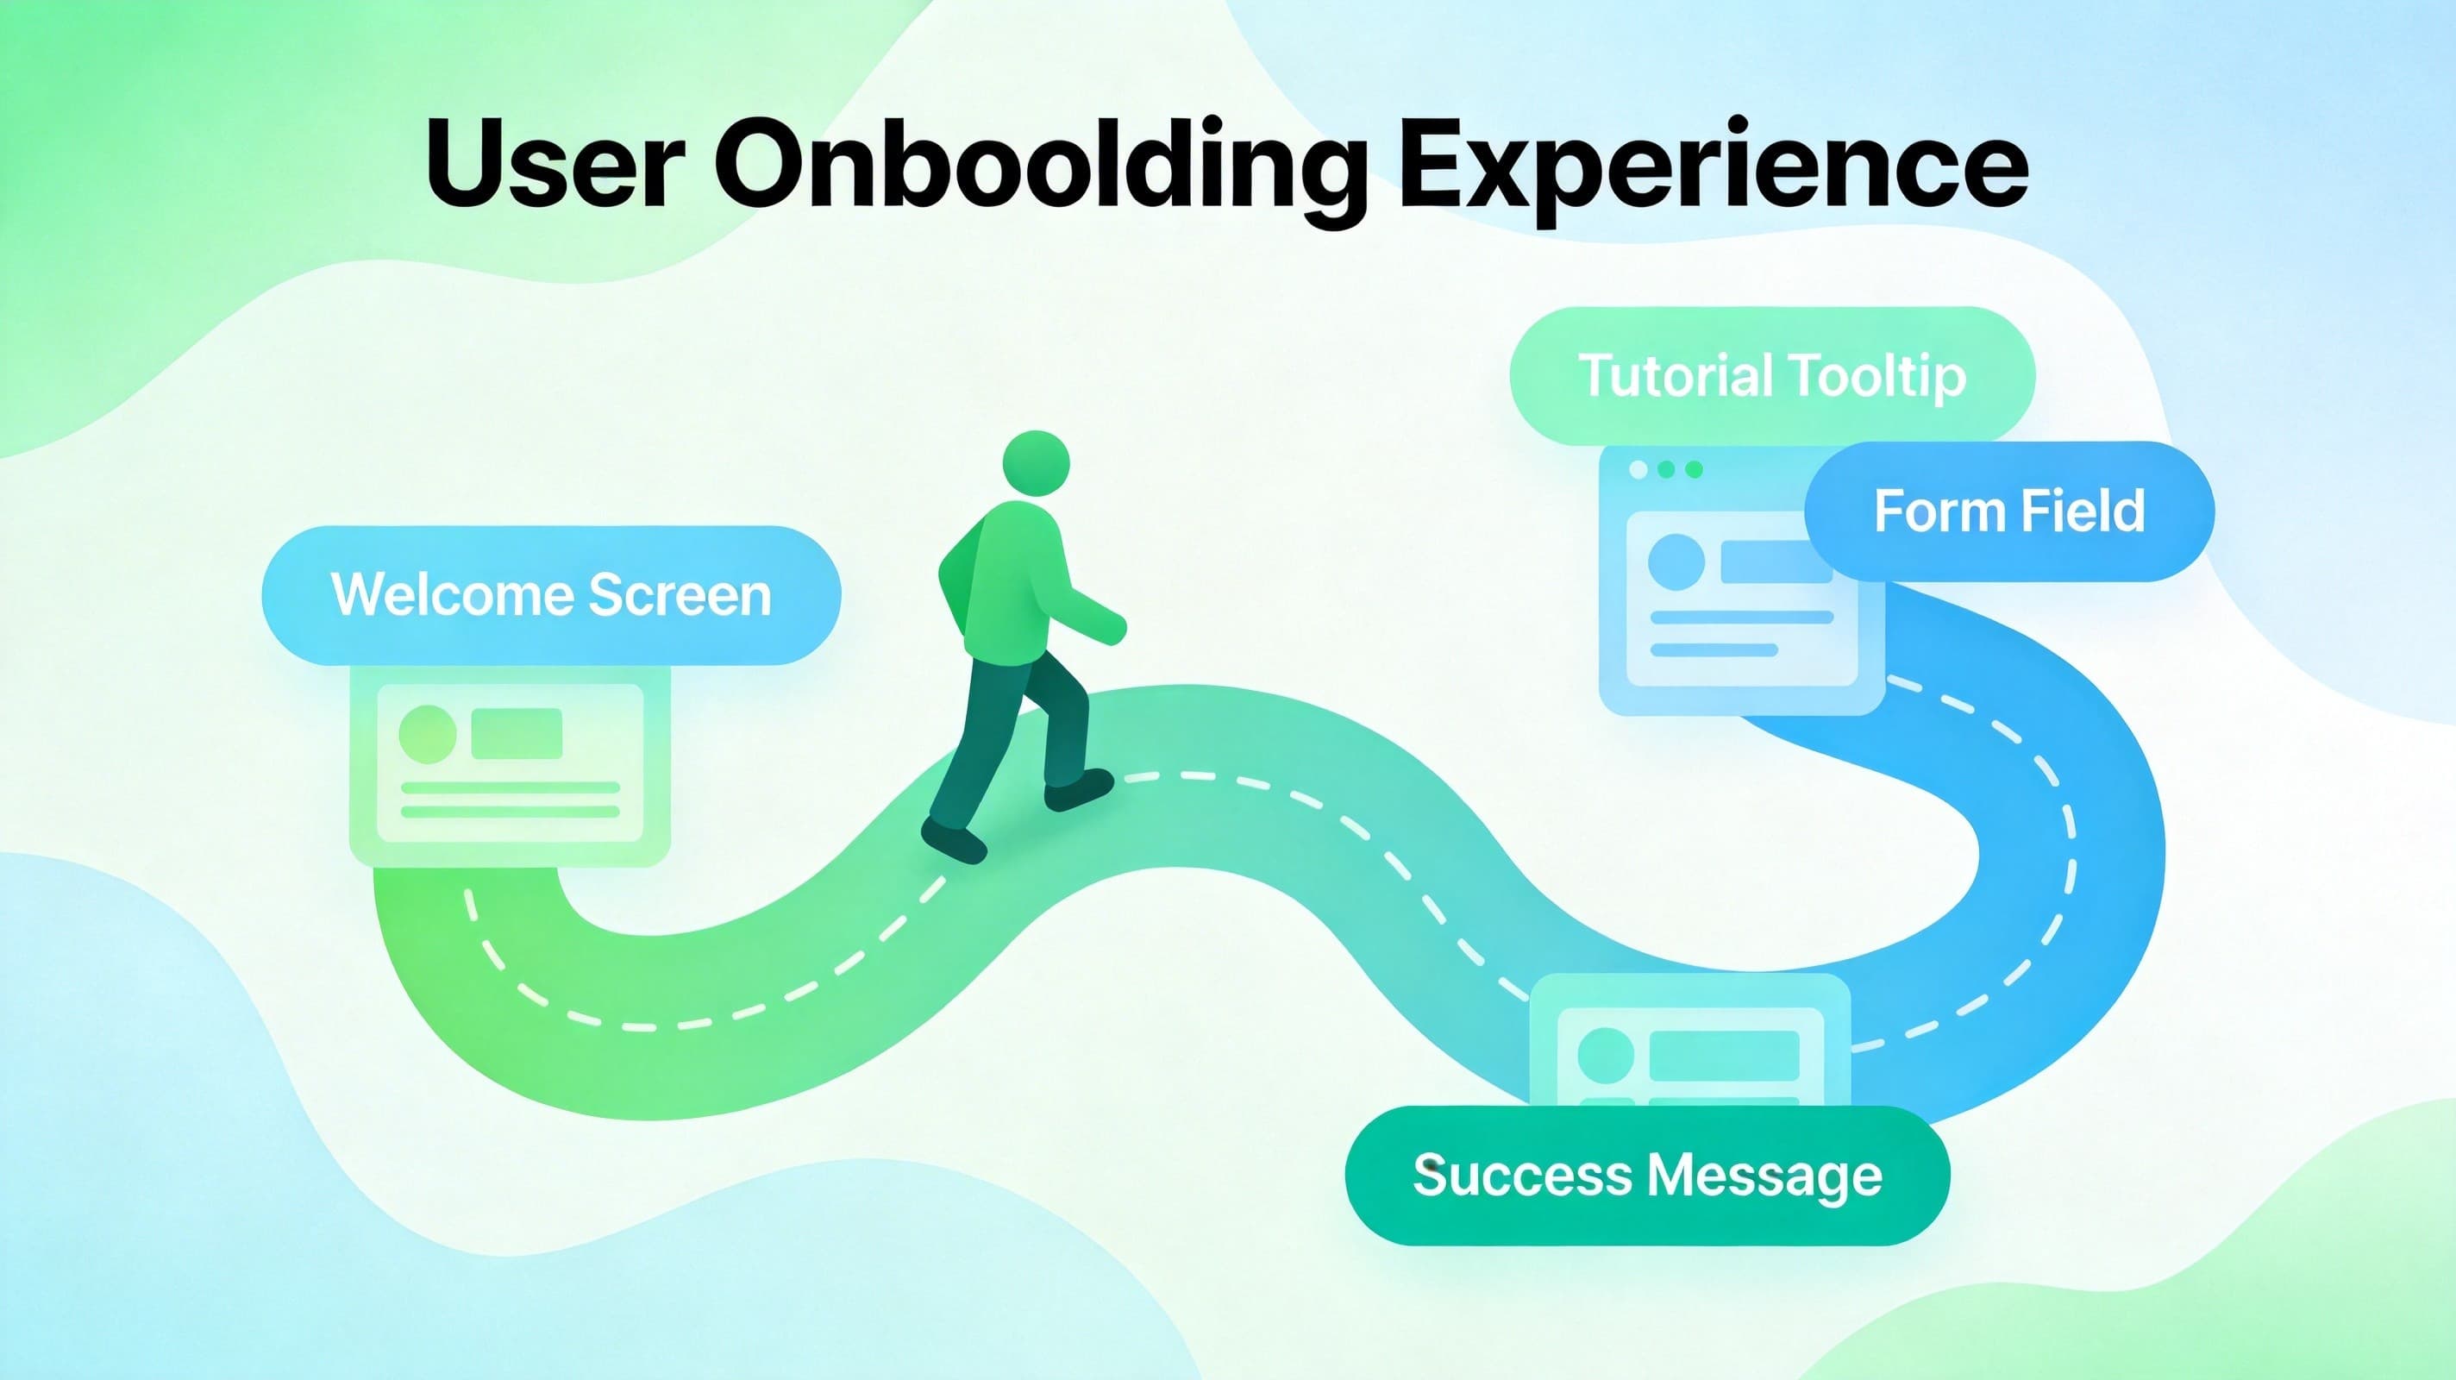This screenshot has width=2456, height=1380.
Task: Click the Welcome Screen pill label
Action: coord(551,595)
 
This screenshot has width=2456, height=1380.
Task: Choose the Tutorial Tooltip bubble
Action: coord(1771,375)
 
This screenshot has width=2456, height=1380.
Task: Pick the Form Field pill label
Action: coord(2008,511)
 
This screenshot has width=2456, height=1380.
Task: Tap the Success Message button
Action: coord(1647,1175)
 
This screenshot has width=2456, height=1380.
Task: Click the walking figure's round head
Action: coord(1037,463)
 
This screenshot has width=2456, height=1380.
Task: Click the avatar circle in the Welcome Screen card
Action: coord(427,734)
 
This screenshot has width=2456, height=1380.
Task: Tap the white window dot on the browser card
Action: coord(1638,469)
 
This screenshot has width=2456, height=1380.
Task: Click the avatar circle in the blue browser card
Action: coord(1676,561)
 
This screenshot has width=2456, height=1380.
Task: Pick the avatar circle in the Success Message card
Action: coord(1607,1056)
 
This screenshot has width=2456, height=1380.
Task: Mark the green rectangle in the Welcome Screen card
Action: coord(517,733)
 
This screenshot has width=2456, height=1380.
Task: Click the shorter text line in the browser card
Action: coord(1714,650)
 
